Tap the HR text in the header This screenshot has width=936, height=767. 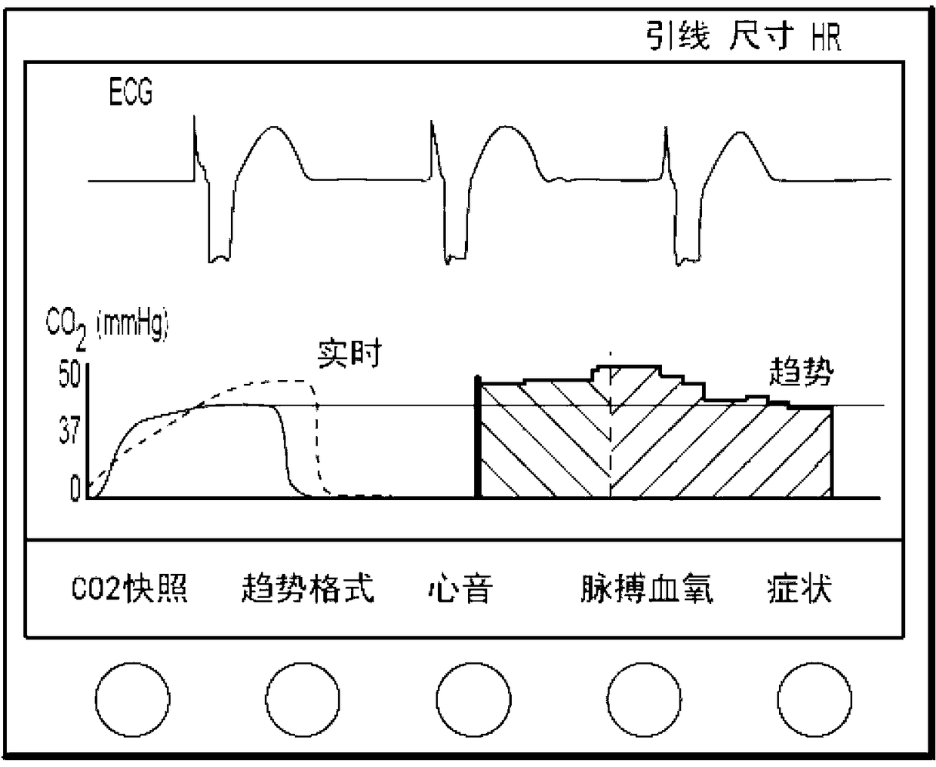pos(827,35)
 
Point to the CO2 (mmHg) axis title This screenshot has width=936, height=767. pos(107,328)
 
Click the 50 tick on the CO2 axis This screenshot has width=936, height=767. pos(69,376)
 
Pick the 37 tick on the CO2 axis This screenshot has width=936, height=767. pos(69,432)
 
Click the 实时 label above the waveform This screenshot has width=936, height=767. pos(349,353)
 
